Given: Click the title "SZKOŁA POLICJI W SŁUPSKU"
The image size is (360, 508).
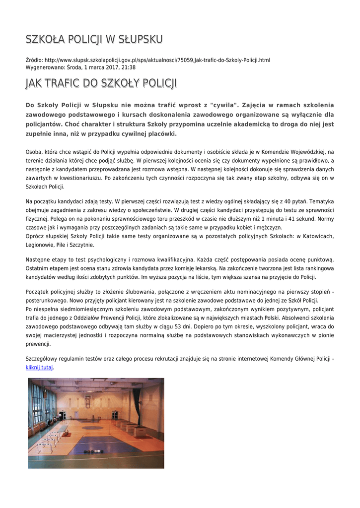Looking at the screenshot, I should [x=94, y=39].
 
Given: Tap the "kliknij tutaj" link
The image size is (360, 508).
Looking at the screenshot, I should [x=39, y=368].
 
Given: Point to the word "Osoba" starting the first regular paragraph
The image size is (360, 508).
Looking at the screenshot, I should [x=33, y=152].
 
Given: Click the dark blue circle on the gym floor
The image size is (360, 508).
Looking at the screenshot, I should [x=92, y=427].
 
